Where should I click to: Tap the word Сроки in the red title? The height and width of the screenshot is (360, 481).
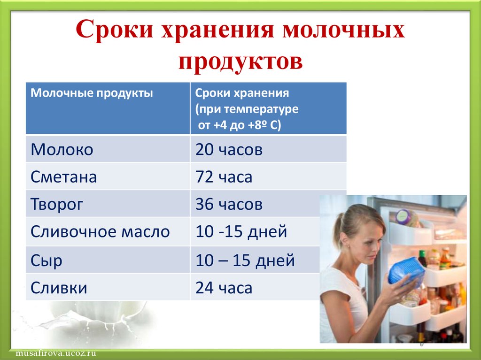[114, 30]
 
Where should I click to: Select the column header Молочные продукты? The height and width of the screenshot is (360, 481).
[92, 93]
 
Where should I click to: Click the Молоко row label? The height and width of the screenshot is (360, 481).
[62, 150]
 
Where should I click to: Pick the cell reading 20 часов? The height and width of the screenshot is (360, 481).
[229, 150]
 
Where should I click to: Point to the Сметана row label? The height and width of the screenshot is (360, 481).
[64, 177]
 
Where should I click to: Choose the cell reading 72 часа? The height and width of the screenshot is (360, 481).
[224, 177]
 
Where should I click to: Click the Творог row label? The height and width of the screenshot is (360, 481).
[57, 205]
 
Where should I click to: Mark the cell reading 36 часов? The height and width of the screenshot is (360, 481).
[229, 204]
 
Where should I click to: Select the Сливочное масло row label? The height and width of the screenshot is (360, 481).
[100, 231]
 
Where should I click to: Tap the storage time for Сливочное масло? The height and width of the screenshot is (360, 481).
[241, 232]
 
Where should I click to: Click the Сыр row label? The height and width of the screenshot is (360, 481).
[47, 261]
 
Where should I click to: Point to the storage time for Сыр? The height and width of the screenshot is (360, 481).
[245, 260]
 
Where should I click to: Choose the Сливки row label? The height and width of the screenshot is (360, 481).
[59, 288]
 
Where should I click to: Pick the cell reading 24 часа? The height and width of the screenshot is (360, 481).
[224, 288]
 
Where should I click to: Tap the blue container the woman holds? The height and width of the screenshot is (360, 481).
[406, 271]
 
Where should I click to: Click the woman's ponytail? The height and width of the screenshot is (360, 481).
[338, 230]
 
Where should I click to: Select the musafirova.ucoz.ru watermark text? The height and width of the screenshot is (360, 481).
[56, 353]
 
